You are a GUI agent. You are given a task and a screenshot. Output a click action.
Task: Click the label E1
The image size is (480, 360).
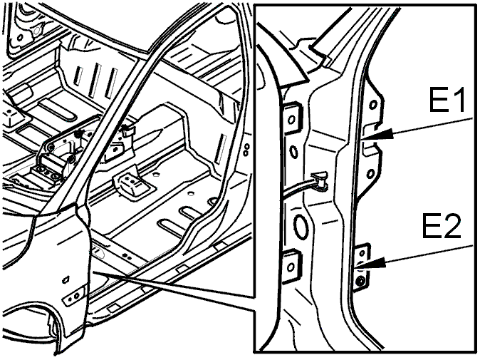click(x=447, y=100)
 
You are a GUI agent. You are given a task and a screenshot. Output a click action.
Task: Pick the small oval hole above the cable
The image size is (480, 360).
click(x=293, y=152)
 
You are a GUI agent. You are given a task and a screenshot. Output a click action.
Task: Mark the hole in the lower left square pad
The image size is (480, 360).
click(x=290, y=267)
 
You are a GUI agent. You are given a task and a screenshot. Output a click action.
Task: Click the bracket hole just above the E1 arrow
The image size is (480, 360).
click(x=372, y=105)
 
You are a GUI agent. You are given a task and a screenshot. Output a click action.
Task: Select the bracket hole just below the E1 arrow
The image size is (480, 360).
click(x=371, y=175)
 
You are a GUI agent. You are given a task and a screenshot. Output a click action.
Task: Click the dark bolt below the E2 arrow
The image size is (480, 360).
click(x=361, y=280)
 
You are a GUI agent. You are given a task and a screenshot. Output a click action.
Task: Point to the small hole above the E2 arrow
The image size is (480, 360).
click(x=362, y=253)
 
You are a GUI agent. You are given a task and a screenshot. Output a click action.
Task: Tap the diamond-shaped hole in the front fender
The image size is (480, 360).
click(x=66, y=279)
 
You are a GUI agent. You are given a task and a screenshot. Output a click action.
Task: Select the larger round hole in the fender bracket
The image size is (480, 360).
click(x=76, y=295)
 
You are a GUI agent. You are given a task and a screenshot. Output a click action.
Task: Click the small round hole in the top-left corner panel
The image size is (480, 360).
click(x=20, y=38)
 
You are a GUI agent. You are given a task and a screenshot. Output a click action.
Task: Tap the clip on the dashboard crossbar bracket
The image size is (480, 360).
click(x=128, y=130)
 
